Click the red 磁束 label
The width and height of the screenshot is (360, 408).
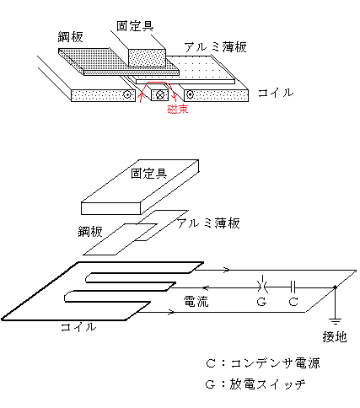(178, 109)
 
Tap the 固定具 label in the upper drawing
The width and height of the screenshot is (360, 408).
(135, 26)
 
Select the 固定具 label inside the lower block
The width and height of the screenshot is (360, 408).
(149, 174)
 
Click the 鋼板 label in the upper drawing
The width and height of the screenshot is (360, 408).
(70, 37)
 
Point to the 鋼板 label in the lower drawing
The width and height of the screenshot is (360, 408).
(90, 232)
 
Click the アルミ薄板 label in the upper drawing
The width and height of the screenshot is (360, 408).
(216, 47)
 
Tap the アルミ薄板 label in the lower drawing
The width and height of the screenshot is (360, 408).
(208, 223)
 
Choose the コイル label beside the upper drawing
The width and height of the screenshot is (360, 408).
(276, 93)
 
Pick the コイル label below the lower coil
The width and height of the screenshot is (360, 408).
(78, 327)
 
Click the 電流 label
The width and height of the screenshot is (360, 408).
(196, 302)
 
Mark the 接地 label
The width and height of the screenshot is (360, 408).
(335, 336)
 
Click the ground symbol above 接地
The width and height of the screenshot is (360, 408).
(335, 321)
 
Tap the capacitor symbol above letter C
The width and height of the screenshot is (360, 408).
(293, 287)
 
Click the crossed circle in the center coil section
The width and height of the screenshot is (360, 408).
(160, 95)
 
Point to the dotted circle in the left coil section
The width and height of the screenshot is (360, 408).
(127, 95)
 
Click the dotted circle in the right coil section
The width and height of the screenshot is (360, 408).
(191, 94)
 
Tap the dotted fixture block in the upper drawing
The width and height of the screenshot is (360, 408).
(147, 58)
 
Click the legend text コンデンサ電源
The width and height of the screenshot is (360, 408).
(276, 363)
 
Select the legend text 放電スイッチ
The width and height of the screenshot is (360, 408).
(267, 384)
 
